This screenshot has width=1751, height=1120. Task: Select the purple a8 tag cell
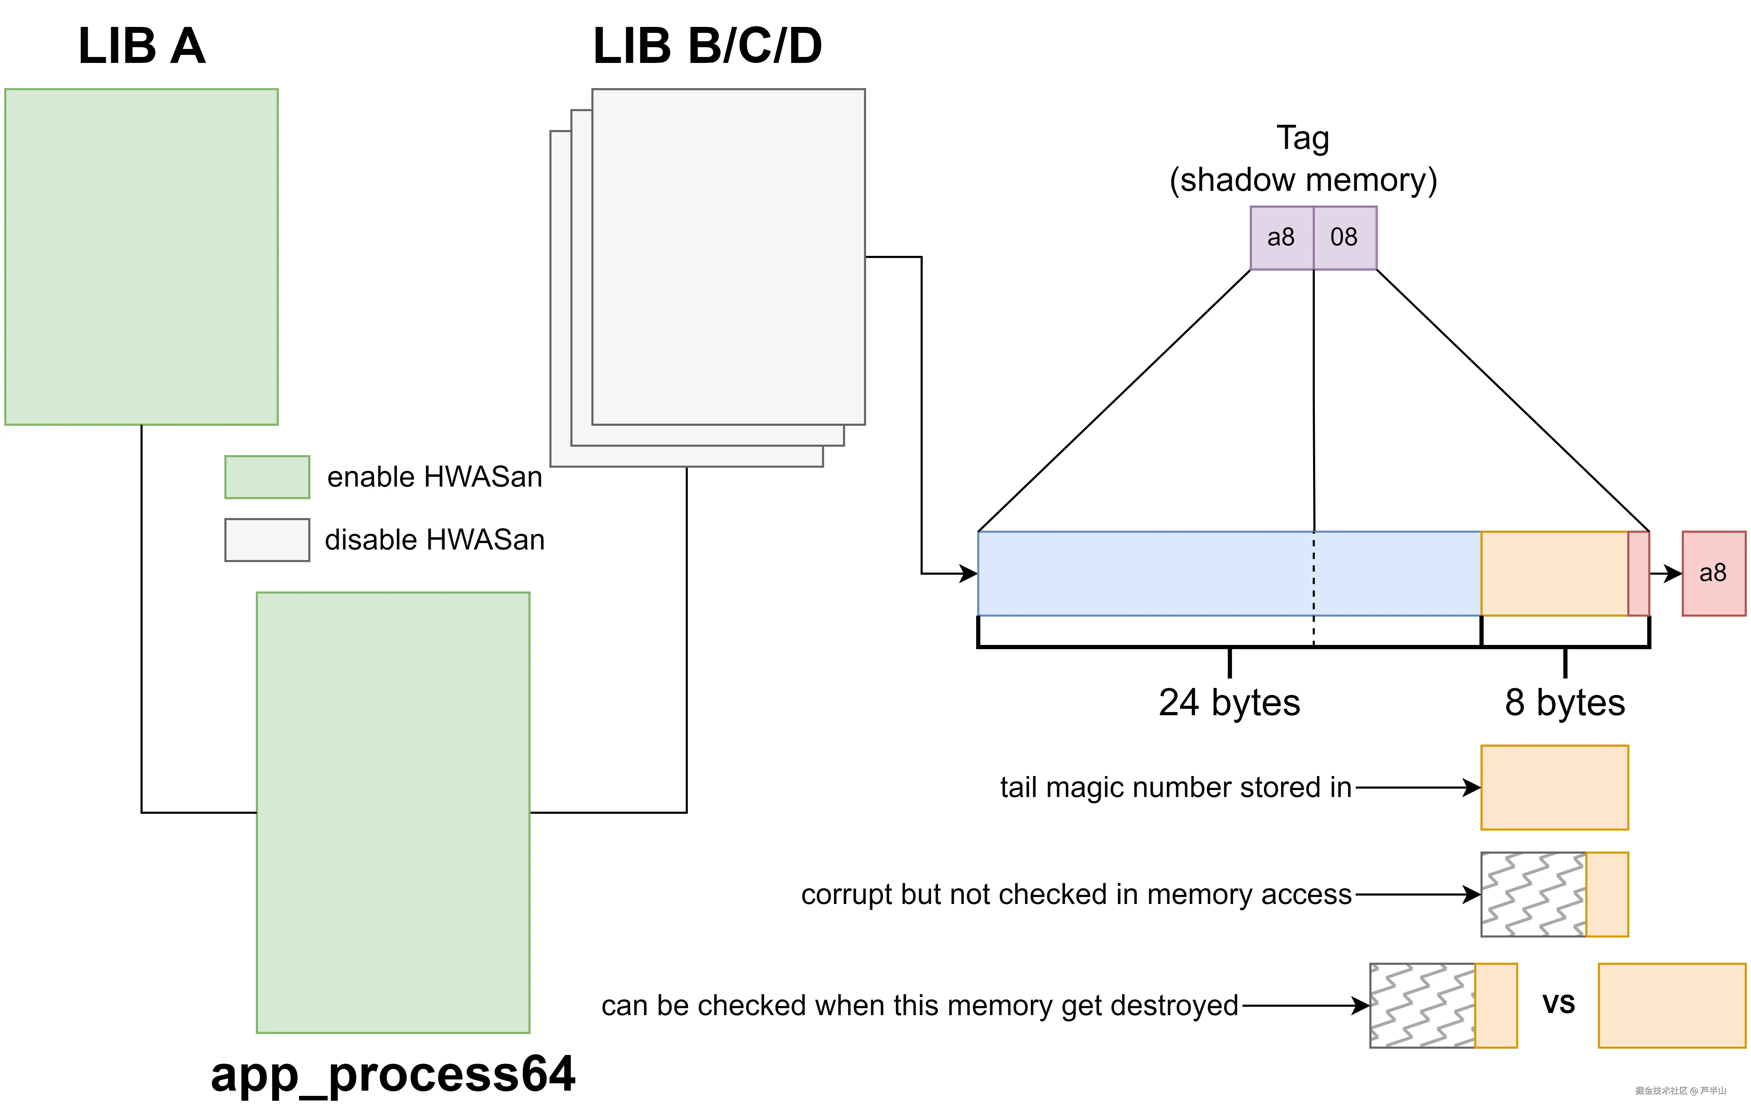coord(1281,238)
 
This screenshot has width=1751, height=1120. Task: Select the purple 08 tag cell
coord(1345,238)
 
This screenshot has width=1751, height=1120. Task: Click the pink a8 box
coord(1713,573)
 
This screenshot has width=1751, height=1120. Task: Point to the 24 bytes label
coord(1229,703)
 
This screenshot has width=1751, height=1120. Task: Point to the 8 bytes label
coord(1565,703)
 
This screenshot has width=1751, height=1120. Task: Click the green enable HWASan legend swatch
coord(267,477)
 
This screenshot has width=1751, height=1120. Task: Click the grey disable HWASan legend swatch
coord(267,540)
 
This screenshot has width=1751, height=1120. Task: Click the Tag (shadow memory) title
coord(1303,159)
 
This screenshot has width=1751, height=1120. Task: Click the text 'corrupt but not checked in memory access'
coord(1076,895)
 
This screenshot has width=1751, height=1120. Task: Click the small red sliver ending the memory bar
coord(1638,573)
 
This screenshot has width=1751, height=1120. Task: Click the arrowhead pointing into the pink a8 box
coord(1674,573)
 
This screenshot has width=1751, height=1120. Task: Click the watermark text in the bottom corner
coord(1680,1091)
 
